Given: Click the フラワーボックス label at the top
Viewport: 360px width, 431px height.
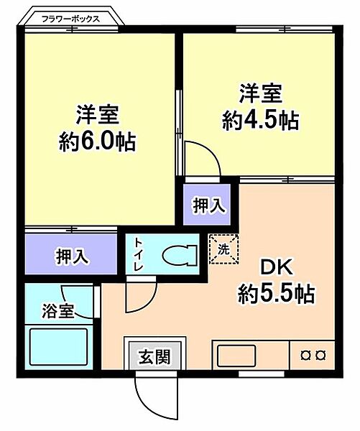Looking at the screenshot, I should [70, 19].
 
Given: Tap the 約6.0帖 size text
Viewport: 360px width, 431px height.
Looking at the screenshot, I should [97, 140].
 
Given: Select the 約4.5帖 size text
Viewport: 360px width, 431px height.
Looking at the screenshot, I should [260, 120].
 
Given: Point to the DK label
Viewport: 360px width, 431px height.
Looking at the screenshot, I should [276, 268].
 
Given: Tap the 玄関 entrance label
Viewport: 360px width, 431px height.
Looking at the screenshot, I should [154, 356].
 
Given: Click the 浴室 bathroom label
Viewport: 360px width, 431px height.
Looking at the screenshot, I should [58, 312].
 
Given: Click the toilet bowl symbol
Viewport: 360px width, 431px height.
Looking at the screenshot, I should [177, 256].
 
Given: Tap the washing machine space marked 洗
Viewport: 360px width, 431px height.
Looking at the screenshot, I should [223, 249].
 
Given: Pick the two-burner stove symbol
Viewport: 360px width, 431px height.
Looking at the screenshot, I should [313, 355].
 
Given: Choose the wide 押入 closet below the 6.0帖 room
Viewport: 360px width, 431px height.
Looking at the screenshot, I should [72, 256].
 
